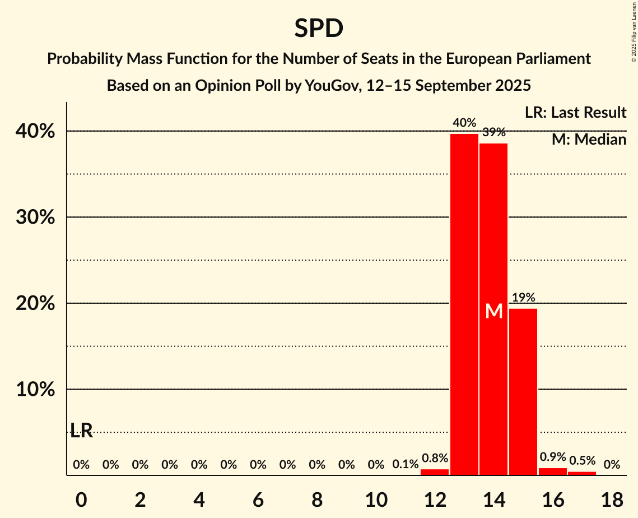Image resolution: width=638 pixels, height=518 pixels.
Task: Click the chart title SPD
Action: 319,28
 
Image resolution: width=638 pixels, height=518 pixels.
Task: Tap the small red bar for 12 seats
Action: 435,472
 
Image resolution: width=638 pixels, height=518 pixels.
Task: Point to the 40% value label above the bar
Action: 464,123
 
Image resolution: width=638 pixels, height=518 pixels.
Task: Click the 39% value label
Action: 494,132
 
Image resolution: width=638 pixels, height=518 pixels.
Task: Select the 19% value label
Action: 523,298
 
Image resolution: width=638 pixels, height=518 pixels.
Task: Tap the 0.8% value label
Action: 435,458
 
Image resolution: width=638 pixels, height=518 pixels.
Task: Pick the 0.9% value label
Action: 553,457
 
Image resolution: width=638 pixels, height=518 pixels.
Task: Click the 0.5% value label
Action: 582,460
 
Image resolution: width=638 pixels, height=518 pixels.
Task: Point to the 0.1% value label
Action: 405,465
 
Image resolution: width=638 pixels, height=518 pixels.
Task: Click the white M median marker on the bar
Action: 494,311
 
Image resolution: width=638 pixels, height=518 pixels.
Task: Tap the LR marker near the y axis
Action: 81,431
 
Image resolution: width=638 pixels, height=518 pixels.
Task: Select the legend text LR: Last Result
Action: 575,113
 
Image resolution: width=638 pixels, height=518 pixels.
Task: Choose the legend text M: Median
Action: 589,140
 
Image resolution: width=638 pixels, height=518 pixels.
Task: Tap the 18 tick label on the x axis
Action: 612,498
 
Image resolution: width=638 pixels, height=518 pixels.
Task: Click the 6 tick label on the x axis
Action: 258,498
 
